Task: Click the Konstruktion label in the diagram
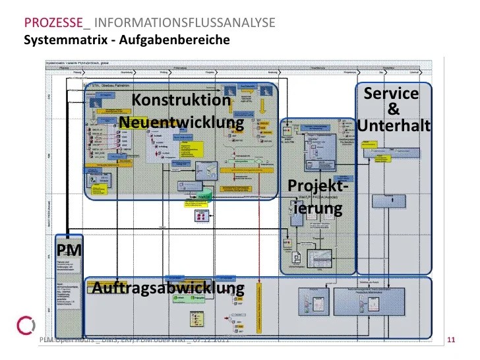pos(181,100)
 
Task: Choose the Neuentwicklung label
pos(181,123)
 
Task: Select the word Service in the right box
pos(391,94)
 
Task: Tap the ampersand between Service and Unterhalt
pos(394,109)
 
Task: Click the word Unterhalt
pos(394,125)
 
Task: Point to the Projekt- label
pos(318,187)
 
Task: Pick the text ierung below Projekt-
pos(318,210)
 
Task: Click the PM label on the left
pos(69,250)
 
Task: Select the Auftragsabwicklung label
pos(168,288)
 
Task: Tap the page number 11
pos(452,340)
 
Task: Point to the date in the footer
pos(211,340)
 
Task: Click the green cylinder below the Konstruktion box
pos(204,196)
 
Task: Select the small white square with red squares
pos(200,216)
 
